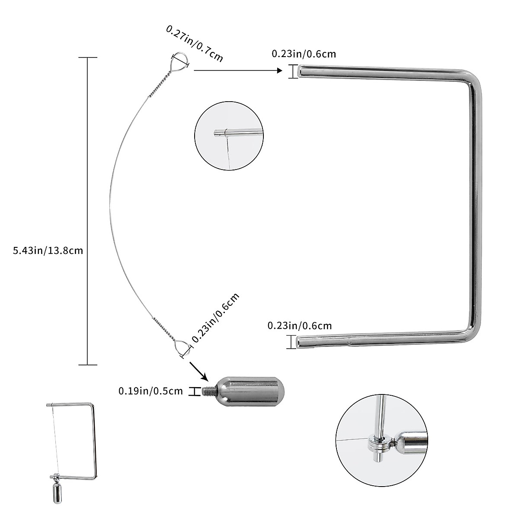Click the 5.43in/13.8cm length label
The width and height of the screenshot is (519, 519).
pos(48,250)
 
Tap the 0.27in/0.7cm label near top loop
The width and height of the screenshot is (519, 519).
pos(195,44)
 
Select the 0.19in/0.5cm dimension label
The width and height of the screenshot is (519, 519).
pos(151,391)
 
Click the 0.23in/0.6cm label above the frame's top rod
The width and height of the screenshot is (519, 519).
pos(304,54)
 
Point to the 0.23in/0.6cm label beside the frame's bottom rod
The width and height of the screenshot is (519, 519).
pos(300,326)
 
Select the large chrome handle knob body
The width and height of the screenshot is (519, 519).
pos(251,391)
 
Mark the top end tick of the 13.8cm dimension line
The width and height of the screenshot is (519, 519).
pos(88,58)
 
